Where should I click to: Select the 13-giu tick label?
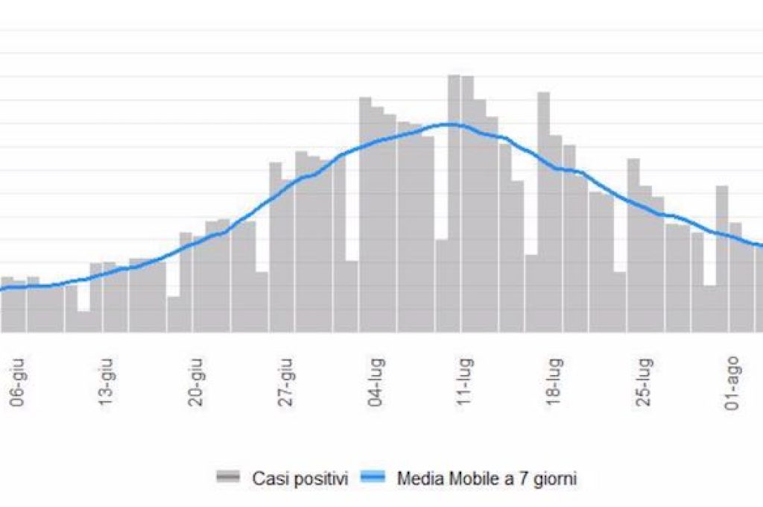point(107,384)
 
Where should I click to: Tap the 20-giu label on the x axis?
point(197,384)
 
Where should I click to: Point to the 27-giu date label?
point(286,384)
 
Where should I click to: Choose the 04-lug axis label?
point(376,384)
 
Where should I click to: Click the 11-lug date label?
point(465,384)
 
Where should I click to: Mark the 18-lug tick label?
point(554,384)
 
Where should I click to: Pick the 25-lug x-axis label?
point(643,384)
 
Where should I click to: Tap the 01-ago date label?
point(732,384)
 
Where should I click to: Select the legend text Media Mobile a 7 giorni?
point(487,478)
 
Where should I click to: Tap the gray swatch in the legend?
point(228,478)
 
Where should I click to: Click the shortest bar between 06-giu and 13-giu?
point(83,321)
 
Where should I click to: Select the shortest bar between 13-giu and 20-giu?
point(174,314)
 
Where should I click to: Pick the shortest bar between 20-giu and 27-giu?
point(262,302)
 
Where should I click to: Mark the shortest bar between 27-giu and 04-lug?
point(352,296)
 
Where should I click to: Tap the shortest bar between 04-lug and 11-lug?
point(441,286)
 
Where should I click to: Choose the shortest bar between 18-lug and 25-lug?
point(620,302)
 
